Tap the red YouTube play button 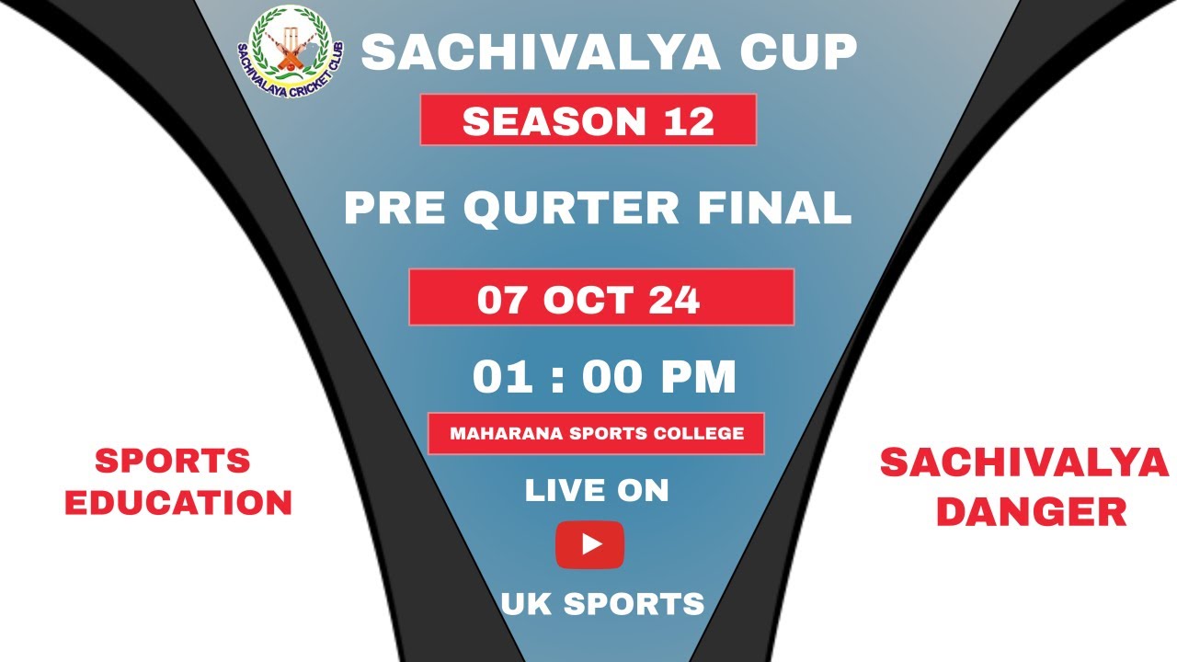tap(589, 544)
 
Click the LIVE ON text tap(596, 491)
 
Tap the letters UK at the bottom tap(525, 604)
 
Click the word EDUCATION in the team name tap(178, 503)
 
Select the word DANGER tap(1031, 512)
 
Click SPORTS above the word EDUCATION tap(173, 461)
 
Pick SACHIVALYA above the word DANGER tap(1024, 463)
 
